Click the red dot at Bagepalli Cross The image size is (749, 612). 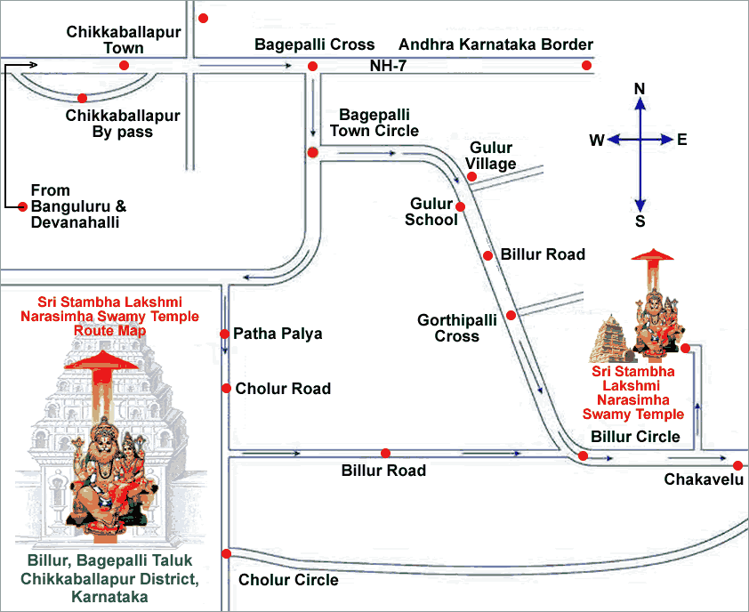[312, 66]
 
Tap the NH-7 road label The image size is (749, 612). [388, 66]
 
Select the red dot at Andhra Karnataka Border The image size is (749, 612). [587, 65]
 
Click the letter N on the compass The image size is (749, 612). [639, 87]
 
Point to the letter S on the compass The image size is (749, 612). [640, 222]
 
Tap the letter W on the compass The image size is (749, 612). [597, 140]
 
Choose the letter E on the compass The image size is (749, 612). [682, 140]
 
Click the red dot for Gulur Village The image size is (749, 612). [472, 176]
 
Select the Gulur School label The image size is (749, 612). [431, 212]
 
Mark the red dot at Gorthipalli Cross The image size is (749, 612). [511, 315]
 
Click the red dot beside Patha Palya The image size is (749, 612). [224, 334]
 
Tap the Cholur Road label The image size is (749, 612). [282, 389]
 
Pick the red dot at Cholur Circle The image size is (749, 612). [227, 553]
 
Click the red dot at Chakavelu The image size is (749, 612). [737, 465]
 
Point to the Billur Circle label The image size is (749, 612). [635, 437]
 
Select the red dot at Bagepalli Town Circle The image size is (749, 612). [312, 153]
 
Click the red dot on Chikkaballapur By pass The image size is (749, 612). [82, 98]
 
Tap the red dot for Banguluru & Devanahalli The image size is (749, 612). [23, 206]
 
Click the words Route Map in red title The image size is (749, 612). [109, 330]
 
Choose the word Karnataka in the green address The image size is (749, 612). [109, 597]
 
